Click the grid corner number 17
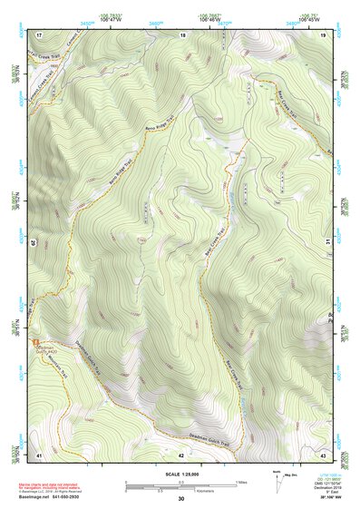(39, 34)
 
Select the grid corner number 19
(323, 34)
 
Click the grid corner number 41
(39, 454)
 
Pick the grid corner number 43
(323, 454)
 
